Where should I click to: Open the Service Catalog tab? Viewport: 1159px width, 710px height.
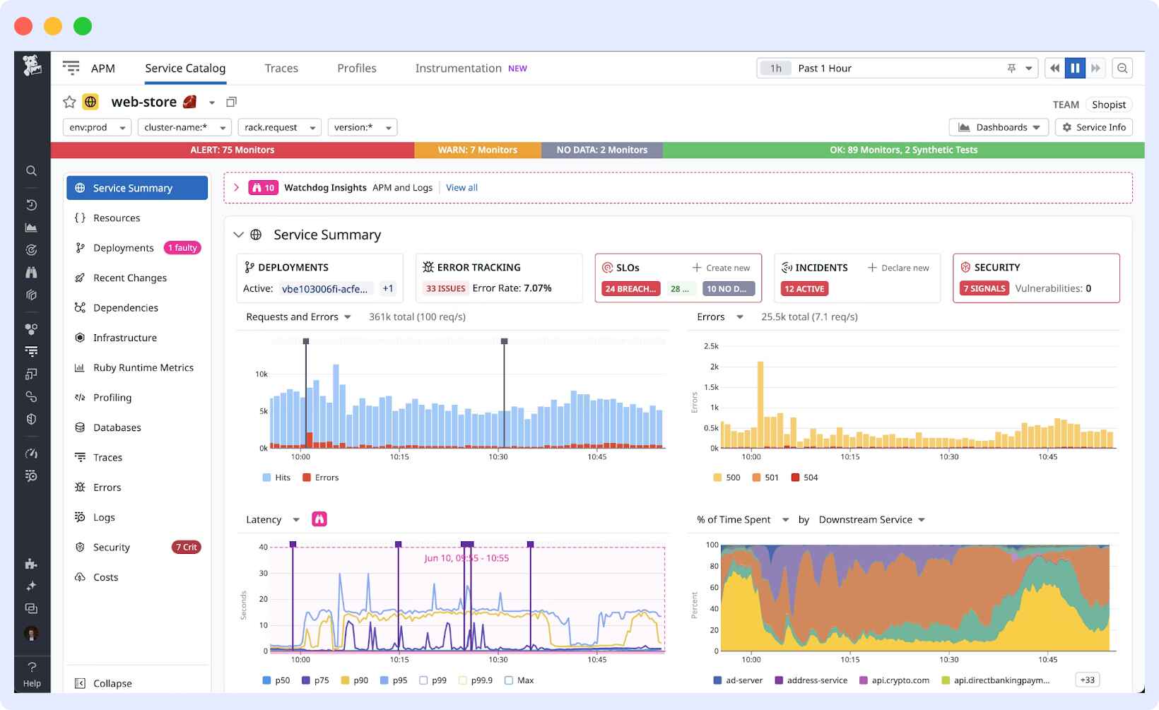tap(185, 69)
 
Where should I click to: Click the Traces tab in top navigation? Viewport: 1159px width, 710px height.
tap(281, 69)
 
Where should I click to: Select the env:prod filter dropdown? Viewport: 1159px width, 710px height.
tap(97, 127)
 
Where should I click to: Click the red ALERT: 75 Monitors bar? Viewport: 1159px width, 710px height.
tap(233, 150)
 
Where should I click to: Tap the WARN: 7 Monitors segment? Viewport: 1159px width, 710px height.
tap(478, 150)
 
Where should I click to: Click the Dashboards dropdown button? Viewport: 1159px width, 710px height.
tap(999, 127)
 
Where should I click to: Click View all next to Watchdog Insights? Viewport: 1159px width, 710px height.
tap(461, 188)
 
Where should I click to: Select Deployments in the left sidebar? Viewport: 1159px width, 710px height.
tap(123, 248)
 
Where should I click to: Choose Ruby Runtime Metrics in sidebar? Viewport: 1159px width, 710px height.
tap(143, 368)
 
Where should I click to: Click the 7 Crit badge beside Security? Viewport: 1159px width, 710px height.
tap(187, 548)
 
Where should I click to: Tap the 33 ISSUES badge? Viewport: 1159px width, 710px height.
tap(445, 288)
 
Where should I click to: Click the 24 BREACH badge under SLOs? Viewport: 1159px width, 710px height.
tap(631, 289)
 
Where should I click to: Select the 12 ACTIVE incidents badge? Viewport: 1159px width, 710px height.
tap(804, 289)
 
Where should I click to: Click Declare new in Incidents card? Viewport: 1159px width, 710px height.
tap(898, 268)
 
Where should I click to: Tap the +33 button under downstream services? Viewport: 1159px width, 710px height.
tap(1087, 680)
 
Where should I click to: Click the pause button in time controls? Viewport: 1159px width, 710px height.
tap(1075, 69)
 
